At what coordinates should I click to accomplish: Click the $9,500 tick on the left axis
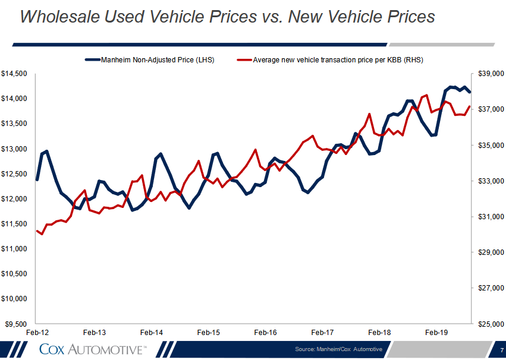click(15, 324)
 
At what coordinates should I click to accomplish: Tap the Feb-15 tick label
click(208, 333)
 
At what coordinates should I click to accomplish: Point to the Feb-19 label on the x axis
click(436, 333)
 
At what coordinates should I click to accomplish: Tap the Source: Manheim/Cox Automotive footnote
click(338, 349)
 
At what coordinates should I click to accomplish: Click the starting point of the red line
click(37, 230)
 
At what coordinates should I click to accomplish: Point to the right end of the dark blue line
click(470, 92)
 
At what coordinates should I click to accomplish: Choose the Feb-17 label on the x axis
click(322, 333)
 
